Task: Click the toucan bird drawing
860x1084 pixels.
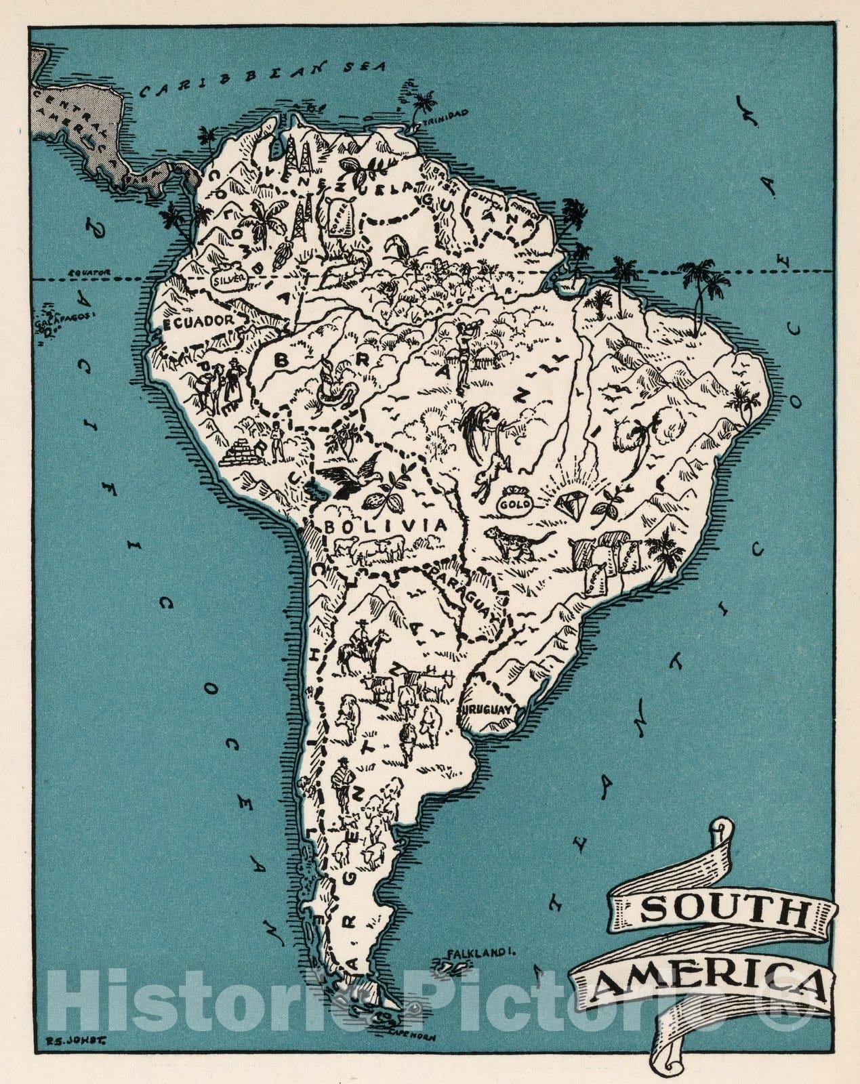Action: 396,252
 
